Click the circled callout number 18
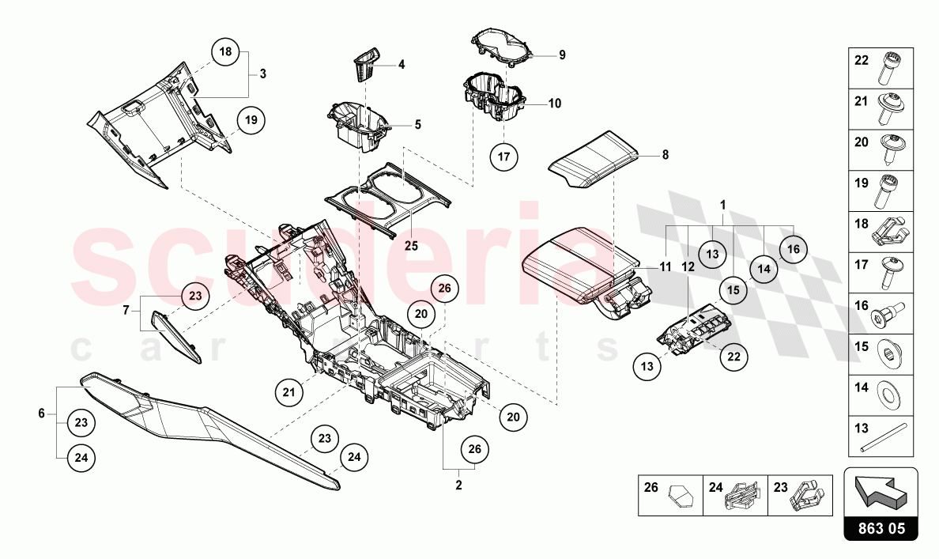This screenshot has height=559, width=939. coord(226,52)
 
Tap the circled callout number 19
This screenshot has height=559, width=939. coord(251,120)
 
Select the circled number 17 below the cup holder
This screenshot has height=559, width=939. coord(503,156)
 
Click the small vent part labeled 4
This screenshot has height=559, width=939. coord(364,64)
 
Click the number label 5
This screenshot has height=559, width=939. coord(417,124)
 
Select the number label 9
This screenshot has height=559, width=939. coord(562,55)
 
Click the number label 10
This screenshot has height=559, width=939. coord(555,104)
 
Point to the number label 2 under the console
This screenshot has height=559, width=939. coord(458,485)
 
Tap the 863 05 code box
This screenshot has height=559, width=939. coord(881,529)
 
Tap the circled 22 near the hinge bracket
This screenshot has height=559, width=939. coord(733,357)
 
